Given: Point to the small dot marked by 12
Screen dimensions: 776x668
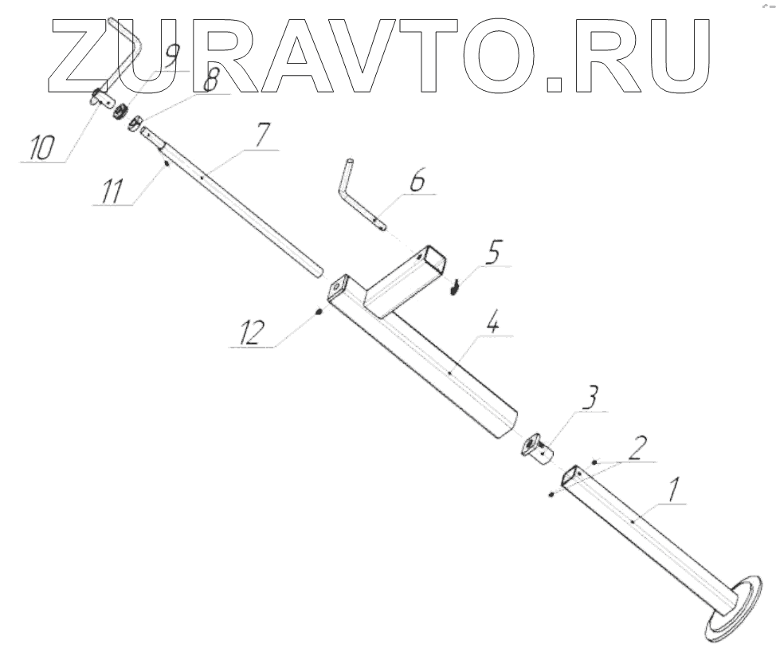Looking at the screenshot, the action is (318, 311).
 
